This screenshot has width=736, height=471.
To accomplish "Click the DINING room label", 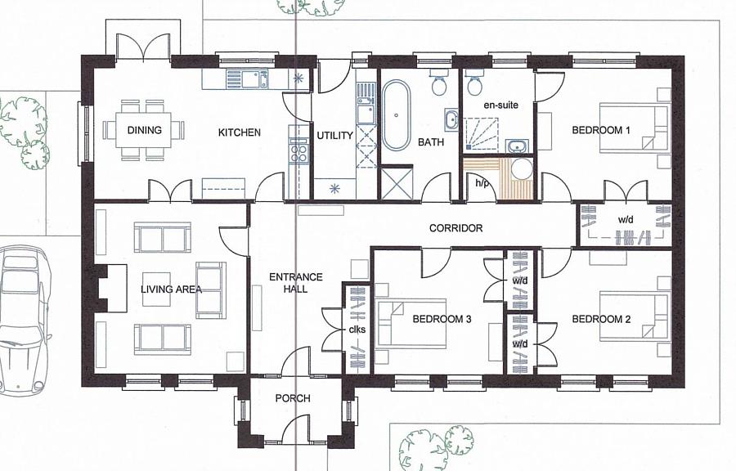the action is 145,130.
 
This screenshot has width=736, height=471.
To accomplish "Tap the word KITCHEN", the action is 240,132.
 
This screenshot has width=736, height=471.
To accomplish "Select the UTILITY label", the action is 334,136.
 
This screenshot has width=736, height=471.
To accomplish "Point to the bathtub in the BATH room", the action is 396,115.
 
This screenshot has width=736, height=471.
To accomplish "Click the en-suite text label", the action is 500,105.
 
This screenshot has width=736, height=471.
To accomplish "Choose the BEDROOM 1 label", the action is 601,130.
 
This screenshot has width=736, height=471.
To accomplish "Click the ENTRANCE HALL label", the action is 296,283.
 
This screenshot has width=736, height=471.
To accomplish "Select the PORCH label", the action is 293,398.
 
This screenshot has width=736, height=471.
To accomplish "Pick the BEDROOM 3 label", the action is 442,320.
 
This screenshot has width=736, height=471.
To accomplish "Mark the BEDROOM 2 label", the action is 601,320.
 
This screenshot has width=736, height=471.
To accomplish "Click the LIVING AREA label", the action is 172,289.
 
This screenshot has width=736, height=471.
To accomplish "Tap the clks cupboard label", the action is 357,330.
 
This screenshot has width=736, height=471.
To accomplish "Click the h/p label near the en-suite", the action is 482,183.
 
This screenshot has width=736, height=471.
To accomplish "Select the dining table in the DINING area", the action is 144,130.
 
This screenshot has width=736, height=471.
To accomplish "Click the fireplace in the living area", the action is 110,288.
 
